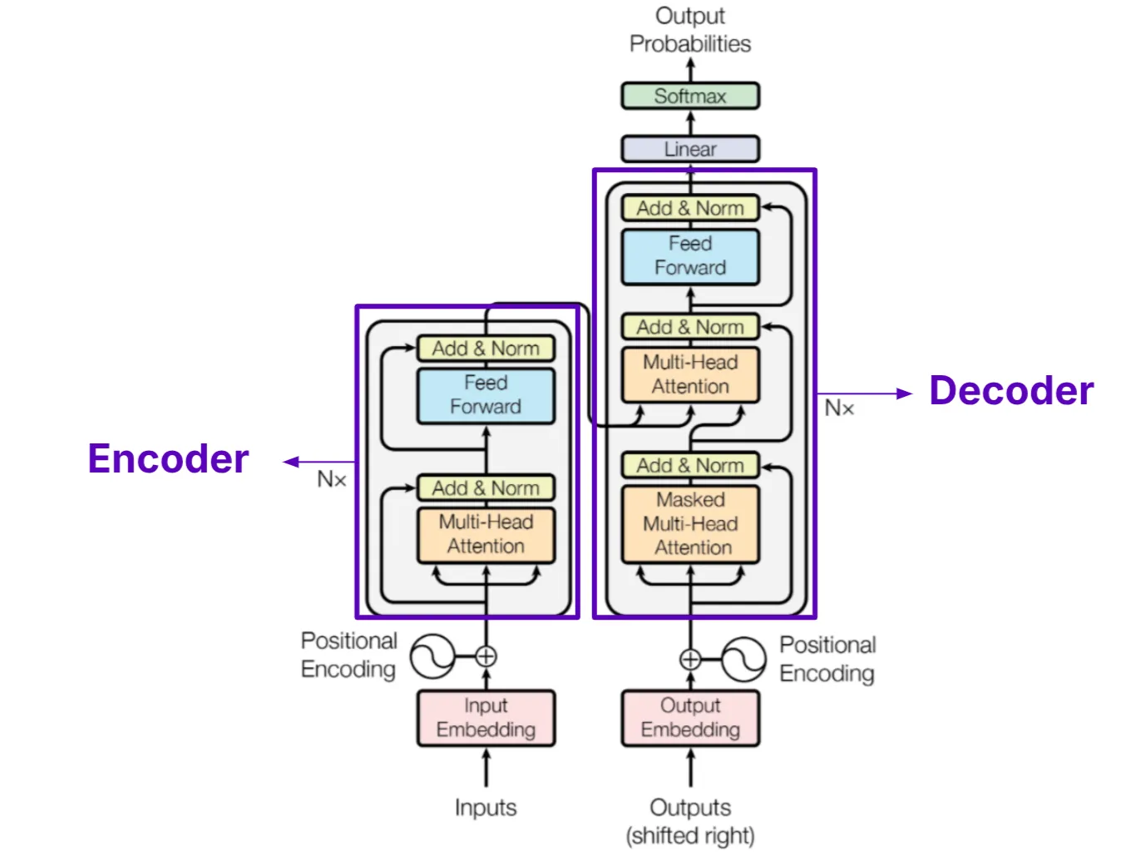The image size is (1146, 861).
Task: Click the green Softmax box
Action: point(689,96)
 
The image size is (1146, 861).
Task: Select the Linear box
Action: point(689,149)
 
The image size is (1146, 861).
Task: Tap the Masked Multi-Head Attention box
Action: point(689,524)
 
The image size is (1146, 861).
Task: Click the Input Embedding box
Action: point(486,717)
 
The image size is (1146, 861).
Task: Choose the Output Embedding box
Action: point(689,717)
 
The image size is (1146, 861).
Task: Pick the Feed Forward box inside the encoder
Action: point(486,395)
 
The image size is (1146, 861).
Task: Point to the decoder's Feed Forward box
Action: point(689,256)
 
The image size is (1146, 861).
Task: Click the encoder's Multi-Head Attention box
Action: point(486,535)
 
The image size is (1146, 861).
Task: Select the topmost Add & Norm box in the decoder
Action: point(689,208)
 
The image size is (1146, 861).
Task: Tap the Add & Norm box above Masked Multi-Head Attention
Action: point(689,465)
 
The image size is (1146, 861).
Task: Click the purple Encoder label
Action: point(168,458)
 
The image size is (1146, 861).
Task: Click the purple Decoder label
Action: point(1010,390)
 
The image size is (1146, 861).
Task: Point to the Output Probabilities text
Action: point(689,30)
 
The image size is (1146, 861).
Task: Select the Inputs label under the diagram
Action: point(485,808)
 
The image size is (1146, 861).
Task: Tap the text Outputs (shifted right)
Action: point(689,821)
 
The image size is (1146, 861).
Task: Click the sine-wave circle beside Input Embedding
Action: point(432,656)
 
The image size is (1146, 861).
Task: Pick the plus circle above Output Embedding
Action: point(689,660)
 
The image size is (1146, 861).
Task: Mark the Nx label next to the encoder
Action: point(331,479)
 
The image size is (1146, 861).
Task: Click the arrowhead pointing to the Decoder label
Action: point(904,393)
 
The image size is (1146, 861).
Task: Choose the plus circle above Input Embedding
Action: point(486,656)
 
